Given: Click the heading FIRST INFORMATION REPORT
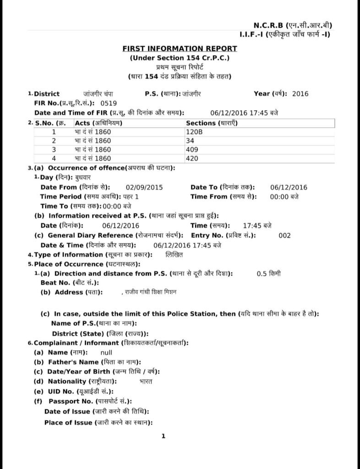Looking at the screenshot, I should (180, 49).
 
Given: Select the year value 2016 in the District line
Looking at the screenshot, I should (300, 94).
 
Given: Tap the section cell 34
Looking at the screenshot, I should (190, 141).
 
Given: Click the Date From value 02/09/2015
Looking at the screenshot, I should (144, 187).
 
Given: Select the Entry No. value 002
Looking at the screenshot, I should (284, 235).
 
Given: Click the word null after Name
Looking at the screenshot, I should (106, 353).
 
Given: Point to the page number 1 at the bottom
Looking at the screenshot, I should (163, 436).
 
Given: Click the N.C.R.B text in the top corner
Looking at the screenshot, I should (268, 25).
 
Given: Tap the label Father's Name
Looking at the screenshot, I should (71, 362).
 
